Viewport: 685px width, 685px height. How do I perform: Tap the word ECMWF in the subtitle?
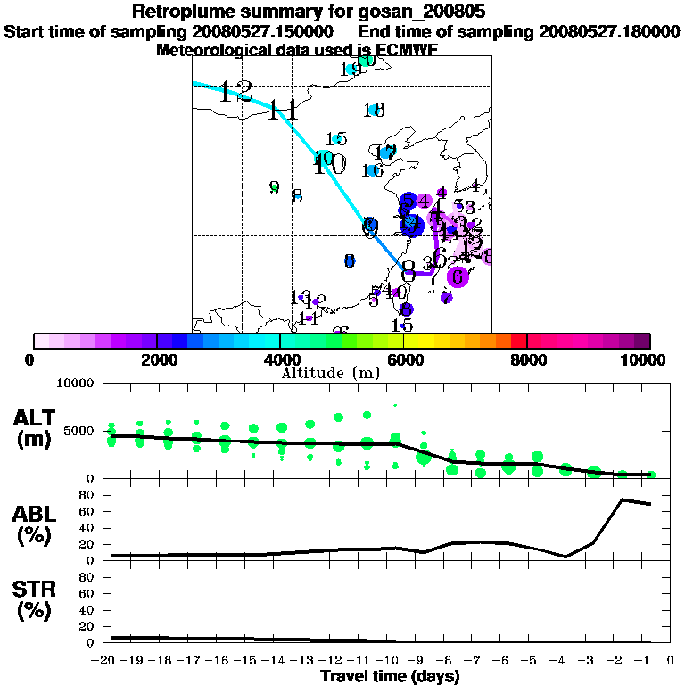pyautogui.click(x=406, y=50)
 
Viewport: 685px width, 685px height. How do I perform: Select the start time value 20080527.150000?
pyautogui.click(x=266, y=32)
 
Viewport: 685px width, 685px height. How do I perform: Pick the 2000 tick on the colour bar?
pyautogui.click(x=156, y=359)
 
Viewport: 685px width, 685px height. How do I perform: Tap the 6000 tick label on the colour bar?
pyautogui.click(x=403, y=359)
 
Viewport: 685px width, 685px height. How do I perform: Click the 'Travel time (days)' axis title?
pyautogui.click(x=390, y=676)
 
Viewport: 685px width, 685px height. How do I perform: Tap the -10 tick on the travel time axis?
pyautogui.click(x=390, y=660)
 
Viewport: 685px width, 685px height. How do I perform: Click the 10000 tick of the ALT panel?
pyautogui.click(x=76, y=384)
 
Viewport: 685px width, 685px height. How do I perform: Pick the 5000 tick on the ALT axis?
pyautogui.click(x=80, y=431)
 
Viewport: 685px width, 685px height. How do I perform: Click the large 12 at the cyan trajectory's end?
pyautogui.click(x=236, y=90)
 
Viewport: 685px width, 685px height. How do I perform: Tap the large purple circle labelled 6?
pyautogui.click(x=458, y=276)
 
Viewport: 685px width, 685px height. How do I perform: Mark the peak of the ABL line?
pyautogui.click(x=622, y=499)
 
